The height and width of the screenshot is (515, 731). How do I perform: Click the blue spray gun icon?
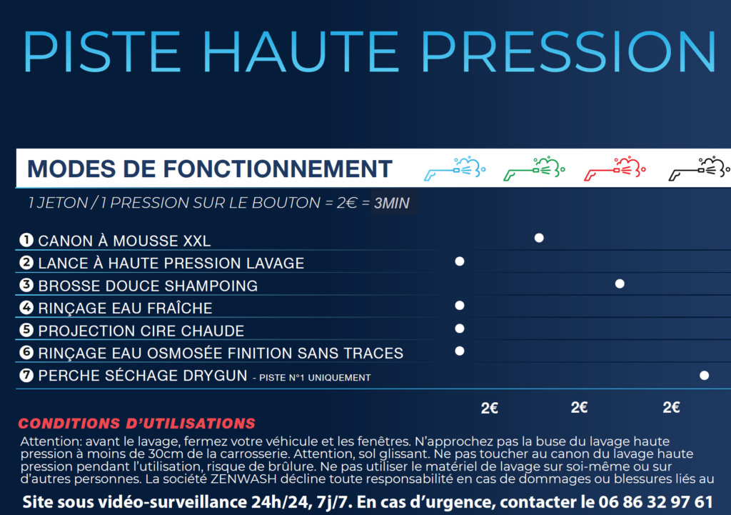(x=455, y=169)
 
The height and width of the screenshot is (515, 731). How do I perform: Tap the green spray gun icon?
(x=534, y=169)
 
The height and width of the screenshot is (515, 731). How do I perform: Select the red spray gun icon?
(x=615, y=169)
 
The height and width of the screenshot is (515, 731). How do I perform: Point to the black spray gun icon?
(x=700, y=169)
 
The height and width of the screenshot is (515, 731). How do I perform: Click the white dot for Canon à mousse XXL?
(x=539, y=238)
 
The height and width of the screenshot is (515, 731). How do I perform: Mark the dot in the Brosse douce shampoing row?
(x=620, y=284)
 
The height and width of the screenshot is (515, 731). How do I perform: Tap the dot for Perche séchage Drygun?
(x=704, y=376)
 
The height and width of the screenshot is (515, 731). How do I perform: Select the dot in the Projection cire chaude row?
(x=459, y=329)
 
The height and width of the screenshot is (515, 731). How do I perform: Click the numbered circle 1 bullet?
(x=26, y=240)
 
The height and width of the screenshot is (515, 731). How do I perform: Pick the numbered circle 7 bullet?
(x=26, y=375)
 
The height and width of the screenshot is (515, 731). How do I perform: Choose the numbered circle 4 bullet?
(x=26, y=307)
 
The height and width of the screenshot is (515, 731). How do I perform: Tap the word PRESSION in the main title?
(x=568, y=51)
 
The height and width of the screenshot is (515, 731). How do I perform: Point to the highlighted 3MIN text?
(x=392, y=203)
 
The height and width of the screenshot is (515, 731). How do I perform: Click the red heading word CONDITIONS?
(x=69, y=424)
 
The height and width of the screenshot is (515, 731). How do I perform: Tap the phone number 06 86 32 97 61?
(x=655, y=502)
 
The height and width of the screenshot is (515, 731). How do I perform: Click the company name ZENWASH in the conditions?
(x=243, y=479)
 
